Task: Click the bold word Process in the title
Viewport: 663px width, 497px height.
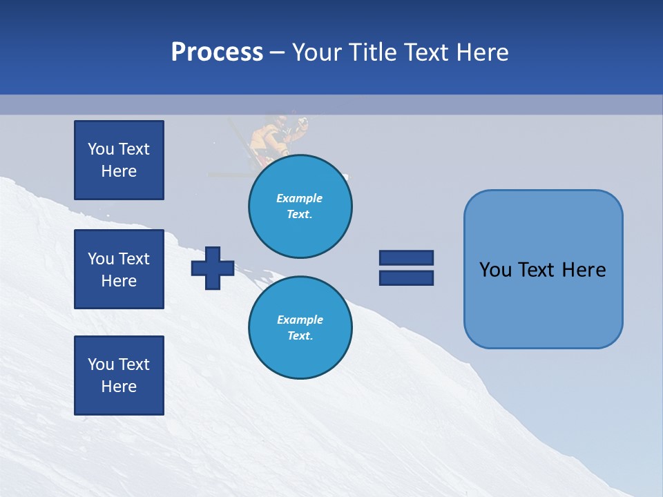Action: tap(217, 52)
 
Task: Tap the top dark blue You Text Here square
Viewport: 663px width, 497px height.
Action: tap(119, 160)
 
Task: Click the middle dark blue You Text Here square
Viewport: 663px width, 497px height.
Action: tap(119, 269)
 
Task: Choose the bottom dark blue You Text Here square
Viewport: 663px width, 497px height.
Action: tap(119, 375)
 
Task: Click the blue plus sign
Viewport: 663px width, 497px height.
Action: tap(213, 268)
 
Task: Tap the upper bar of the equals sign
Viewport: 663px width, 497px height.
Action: tap(406, 257)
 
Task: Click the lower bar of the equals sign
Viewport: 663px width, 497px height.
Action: tap(406, 277)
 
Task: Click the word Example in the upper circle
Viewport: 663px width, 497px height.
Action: tap(299, 198)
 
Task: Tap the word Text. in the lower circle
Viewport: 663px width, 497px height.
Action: tap(300, 336)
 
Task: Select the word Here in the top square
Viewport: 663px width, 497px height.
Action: tap(119, 171)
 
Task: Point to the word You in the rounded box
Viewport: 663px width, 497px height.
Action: tap(496, 270)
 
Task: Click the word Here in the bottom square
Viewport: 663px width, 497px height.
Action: tap(119, 387)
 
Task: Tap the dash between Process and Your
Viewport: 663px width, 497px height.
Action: tap(277, 53)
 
